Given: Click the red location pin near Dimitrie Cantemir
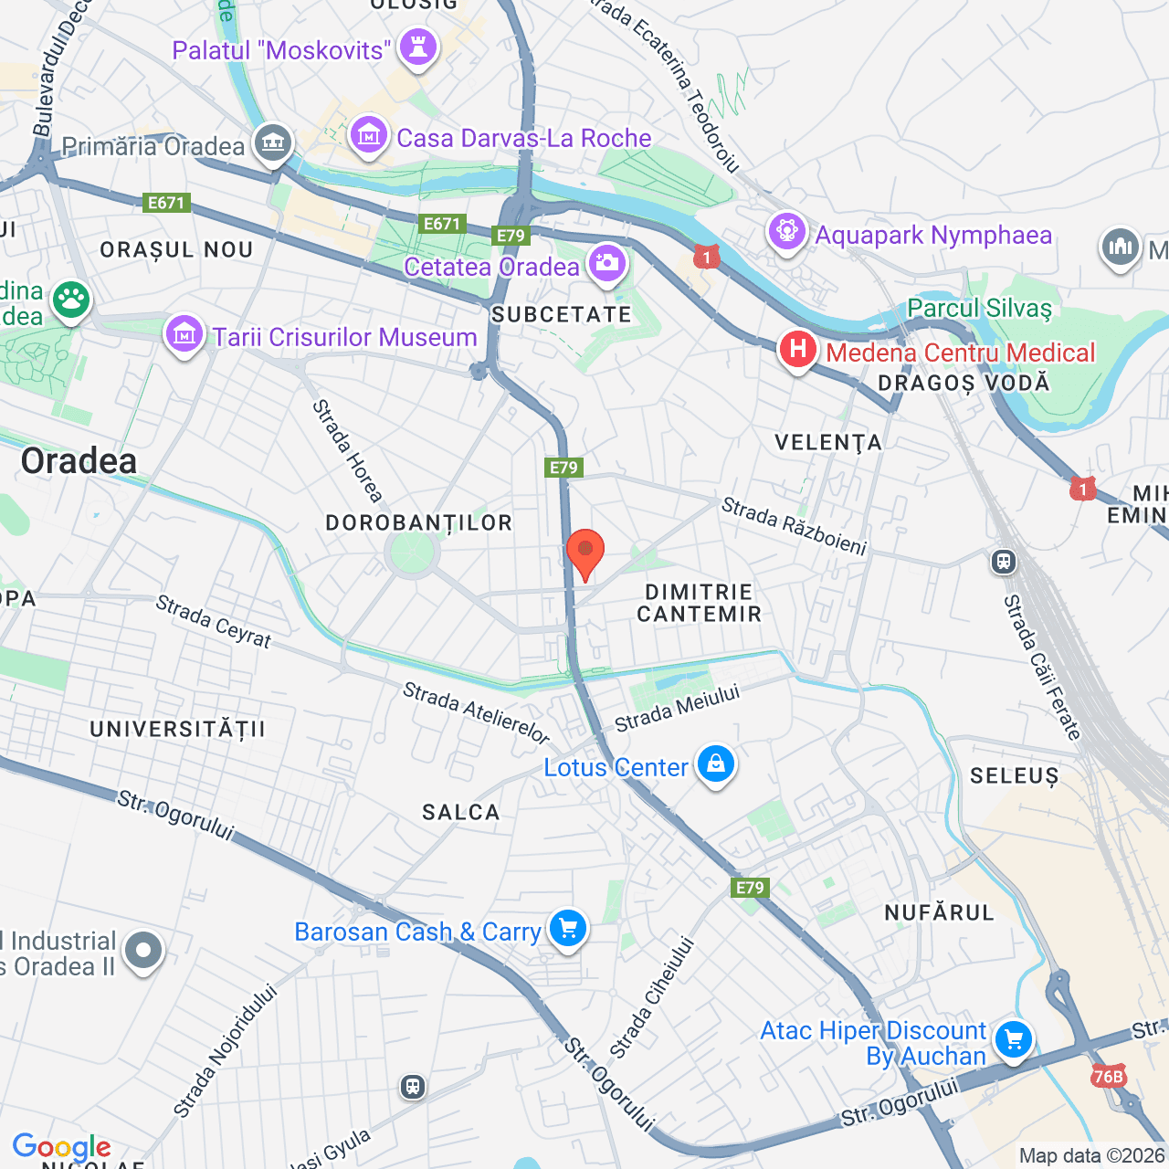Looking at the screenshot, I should point(585,553).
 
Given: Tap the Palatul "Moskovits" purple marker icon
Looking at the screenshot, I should point(418,48).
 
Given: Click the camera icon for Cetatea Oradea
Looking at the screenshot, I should point(606,265).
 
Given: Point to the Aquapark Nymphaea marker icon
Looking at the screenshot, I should point(786,232).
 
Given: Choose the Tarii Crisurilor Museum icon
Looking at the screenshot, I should point(184,335).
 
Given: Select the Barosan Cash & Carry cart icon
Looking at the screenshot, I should point(567,930).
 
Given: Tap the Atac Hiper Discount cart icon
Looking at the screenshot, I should point(1012,1040).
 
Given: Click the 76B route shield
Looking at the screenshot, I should point(1108,1077).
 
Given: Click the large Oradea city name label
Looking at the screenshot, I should point(79,461).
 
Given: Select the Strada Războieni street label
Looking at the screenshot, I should point(794,526).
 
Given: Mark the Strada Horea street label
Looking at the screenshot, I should point(347,451).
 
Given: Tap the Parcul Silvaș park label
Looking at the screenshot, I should point(979,308).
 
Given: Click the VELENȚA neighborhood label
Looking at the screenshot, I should point(828,443).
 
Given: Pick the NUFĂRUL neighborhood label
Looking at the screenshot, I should point(939,912).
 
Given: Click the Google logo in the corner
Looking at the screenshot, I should point(61,1147).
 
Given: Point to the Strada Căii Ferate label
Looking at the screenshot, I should point(1042,667).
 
